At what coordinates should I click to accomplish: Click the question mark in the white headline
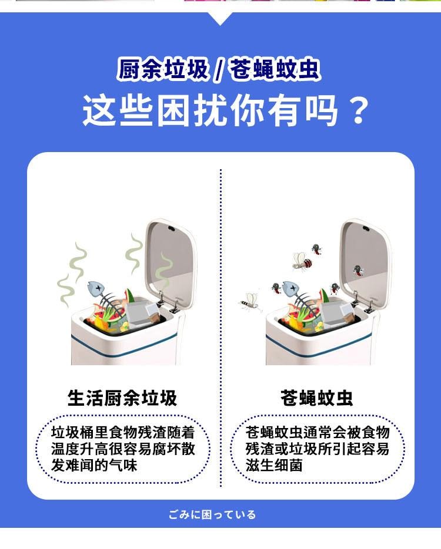point(359,110)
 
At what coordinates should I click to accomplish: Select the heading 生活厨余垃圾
point(122,398)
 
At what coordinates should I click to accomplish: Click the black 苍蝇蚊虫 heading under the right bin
point(317,398)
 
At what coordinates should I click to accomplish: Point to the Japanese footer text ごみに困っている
point(212,515)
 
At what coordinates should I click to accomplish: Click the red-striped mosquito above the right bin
point(302,261)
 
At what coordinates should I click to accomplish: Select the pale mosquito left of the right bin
point(251,302)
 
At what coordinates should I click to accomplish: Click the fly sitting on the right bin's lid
point(358,270)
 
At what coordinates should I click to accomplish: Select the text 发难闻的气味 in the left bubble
point(94,465)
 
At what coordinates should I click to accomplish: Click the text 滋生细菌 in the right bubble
point(274,465)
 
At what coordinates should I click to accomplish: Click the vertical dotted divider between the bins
point(221,328)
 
